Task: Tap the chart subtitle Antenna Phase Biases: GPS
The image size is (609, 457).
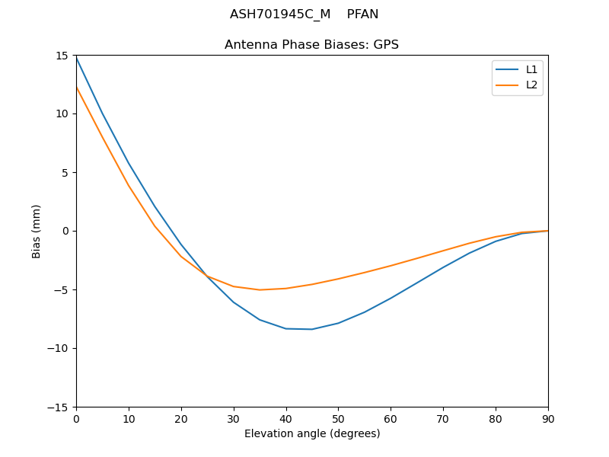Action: (311, 45)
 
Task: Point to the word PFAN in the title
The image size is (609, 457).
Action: (362, 14)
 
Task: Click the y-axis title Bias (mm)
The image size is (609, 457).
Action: (37, 231)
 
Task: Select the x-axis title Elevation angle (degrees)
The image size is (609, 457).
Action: (312, 434)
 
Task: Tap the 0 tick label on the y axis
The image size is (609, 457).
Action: (66, 231)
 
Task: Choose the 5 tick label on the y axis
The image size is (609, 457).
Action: (66, 172)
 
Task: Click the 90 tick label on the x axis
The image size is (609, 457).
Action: (548, 418)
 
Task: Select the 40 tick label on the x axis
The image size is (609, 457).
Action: (286, 418)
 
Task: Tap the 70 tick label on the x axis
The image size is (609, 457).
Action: (443, 418)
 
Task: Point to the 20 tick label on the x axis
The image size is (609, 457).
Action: (181, 418)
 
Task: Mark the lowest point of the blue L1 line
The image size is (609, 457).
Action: (312, 329)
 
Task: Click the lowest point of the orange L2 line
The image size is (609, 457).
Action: (260, 289)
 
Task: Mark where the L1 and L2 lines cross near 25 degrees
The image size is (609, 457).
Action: (206, 274)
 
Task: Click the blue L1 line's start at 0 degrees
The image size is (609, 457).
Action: (76, 58)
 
